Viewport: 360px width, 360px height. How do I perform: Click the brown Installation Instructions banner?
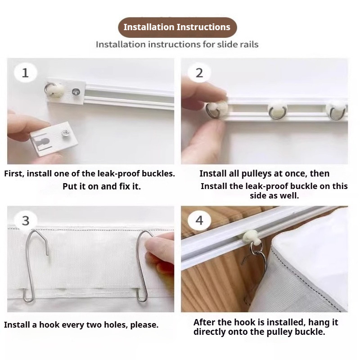(x=177, y=27)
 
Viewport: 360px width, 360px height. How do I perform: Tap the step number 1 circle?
(x=25, y=73)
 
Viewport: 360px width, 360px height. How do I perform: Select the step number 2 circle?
(x=199, y=73)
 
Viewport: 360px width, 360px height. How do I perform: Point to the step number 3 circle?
(x=25, y=220)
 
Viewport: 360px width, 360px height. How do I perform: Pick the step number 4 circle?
(x=199, y=220)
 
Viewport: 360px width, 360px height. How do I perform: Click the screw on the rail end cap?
(x=76, y=92)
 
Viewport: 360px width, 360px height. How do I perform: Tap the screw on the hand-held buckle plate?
(x=66, y=133)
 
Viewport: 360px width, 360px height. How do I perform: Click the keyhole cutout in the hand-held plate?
(x=44, y=142)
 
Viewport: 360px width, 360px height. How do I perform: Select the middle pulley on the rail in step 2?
(x=277, y=111)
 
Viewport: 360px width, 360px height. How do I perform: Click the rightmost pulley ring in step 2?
(x=337, y=114)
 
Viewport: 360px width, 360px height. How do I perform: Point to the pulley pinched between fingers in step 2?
(x=217, y=110)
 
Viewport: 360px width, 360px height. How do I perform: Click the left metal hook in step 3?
(x=35, y=266)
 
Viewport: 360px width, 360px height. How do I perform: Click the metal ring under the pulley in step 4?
(x=256, y=248)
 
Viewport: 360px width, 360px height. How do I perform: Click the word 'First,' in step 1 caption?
(x=14, y=174)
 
